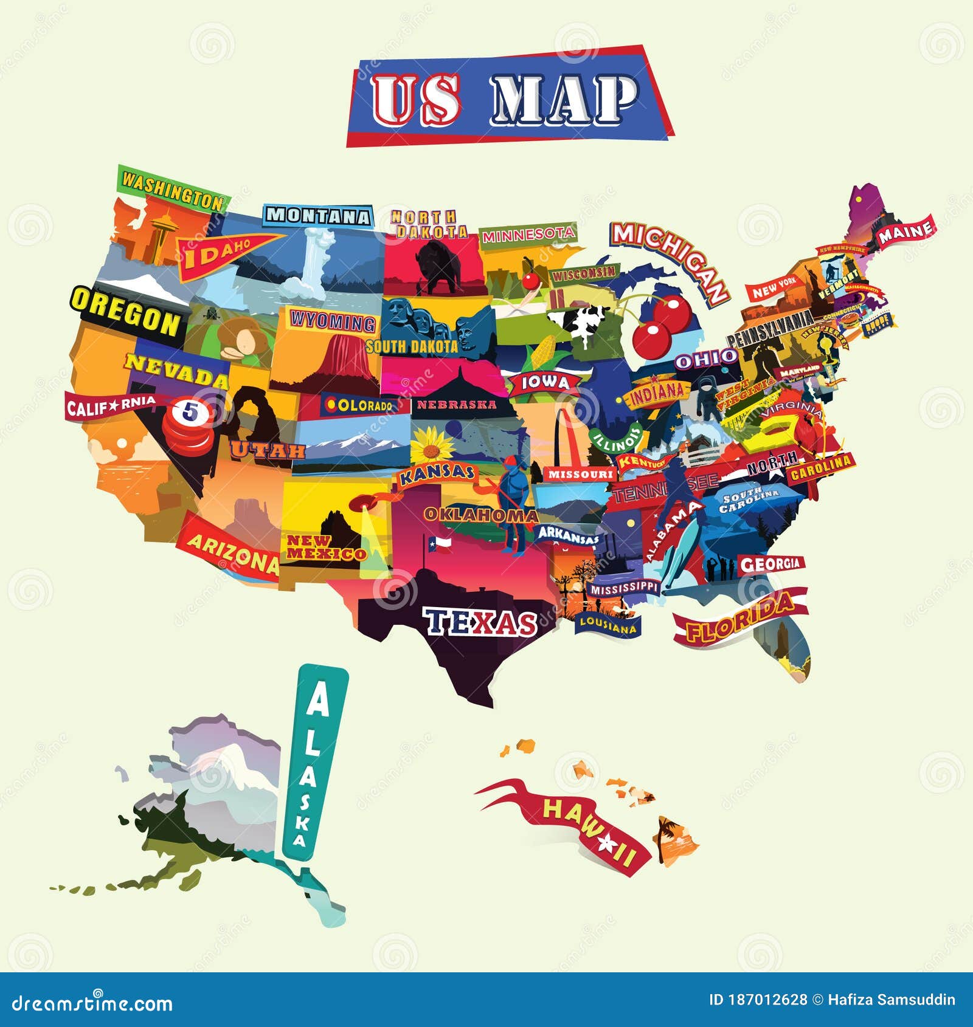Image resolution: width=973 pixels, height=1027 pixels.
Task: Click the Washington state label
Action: click(x=173, y=190)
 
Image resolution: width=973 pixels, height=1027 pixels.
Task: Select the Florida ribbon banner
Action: click(x=739, y=617)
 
